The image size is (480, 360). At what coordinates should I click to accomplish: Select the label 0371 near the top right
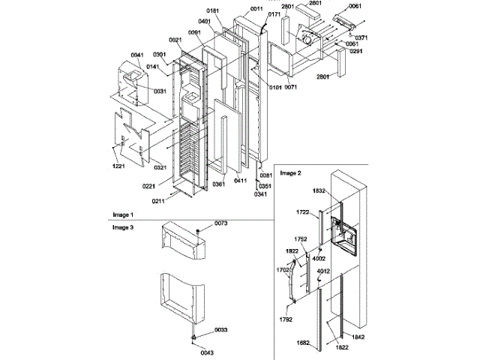[x=361, y=37]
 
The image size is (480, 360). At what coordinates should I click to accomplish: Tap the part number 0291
[x=355, y=51]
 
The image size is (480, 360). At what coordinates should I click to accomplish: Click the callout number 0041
[x=136, y=55]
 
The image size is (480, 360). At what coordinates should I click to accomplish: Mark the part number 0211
[x=158, y=201]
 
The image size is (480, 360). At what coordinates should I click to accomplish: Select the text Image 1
[x=122, y=214]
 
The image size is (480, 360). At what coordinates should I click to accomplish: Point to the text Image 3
[x=122, y=226]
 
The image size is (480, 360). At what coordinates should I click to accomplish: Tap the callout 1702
[x=283, y=268]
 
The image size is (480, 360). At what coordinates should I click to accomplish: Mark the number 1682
[x=304, y=343]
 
